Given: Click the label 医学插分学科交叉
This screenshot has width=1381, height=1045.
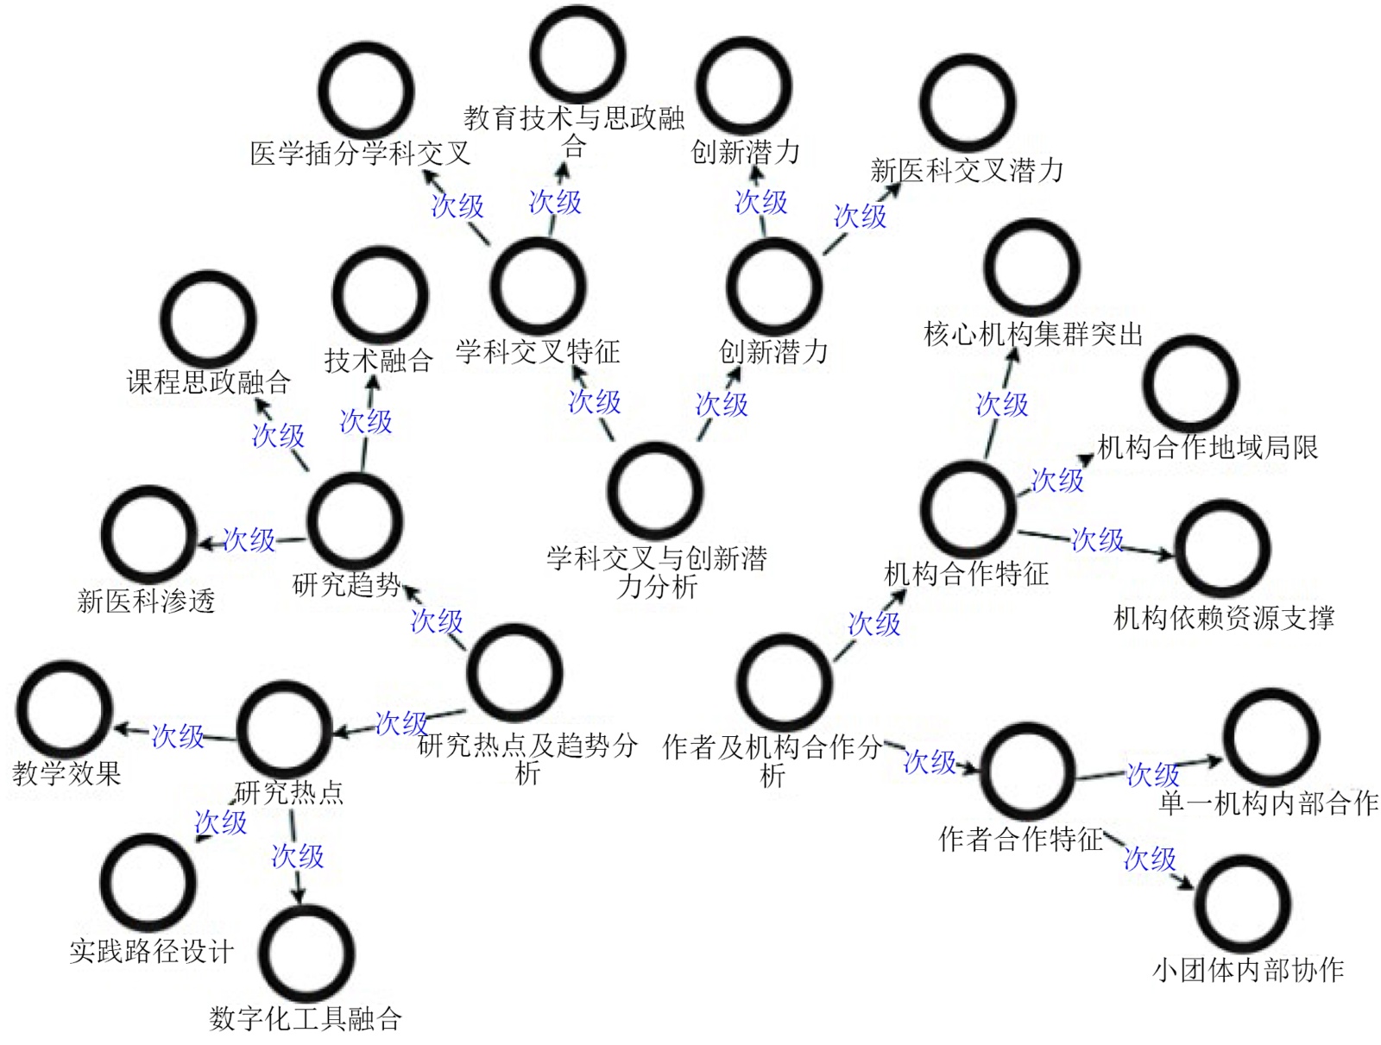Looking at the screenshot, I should [x=360, y=154].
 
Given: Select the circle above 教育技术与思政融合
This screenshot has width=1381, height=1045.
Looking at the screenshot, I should [x=577, y=53].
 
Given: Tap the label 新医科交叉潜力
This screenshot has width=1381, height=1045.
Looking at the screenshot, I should [x=967, y=171].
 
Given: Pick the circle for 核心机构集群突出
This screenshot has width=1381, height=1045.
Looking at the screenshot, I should [x=1031, y=267].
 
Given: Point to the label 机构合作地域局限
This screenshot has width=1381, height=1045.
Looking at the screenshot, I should [x=1208, y=447].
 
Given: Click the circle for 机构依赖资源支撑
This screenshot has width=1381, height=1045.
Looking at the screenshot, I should [x=1223, y=547].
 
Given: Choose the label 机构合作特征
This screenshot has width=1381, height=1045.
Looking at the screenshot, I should [x=967, y=574].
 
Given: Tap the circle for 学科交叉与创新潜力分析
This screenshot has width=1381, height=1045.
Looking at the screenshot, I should [x=655, y=489].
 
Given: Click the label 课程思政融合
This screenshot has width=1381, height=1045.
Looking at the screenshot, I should [x=209, y=382].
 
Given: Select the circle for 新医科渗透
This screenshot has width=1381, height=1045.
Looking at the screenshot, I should [x=148, y=533].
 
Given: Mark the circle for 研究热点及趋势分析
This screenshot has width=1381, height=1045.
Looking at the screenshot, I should [x=514, y=672].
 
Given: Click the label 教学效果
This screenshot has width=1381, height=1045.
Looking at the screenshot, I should [x=66, y=773].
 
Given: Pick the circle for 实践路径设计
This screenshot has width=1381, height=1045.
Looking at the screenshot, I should [x=148, y=881].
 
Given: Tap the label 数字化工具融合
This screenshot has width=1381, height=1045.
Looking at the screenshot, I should [x=306, y=1018].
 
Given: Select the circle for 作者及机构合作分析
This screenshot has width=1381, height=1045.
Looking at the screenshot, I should [x=784, y=682].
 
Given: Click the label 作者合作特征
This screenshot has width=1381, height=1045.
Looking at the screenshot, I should [x=1021, y=838].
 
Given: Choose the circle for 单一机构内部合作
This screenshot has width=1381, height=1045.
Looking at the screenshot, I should [x=1271, y=736].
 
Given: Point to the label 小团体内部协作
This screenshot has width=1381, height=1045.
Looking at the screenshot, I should [x=1248, y=970].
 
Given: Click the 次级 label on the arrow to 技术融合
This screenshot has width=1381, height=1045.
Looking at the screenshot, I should [x=366, y=421].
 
